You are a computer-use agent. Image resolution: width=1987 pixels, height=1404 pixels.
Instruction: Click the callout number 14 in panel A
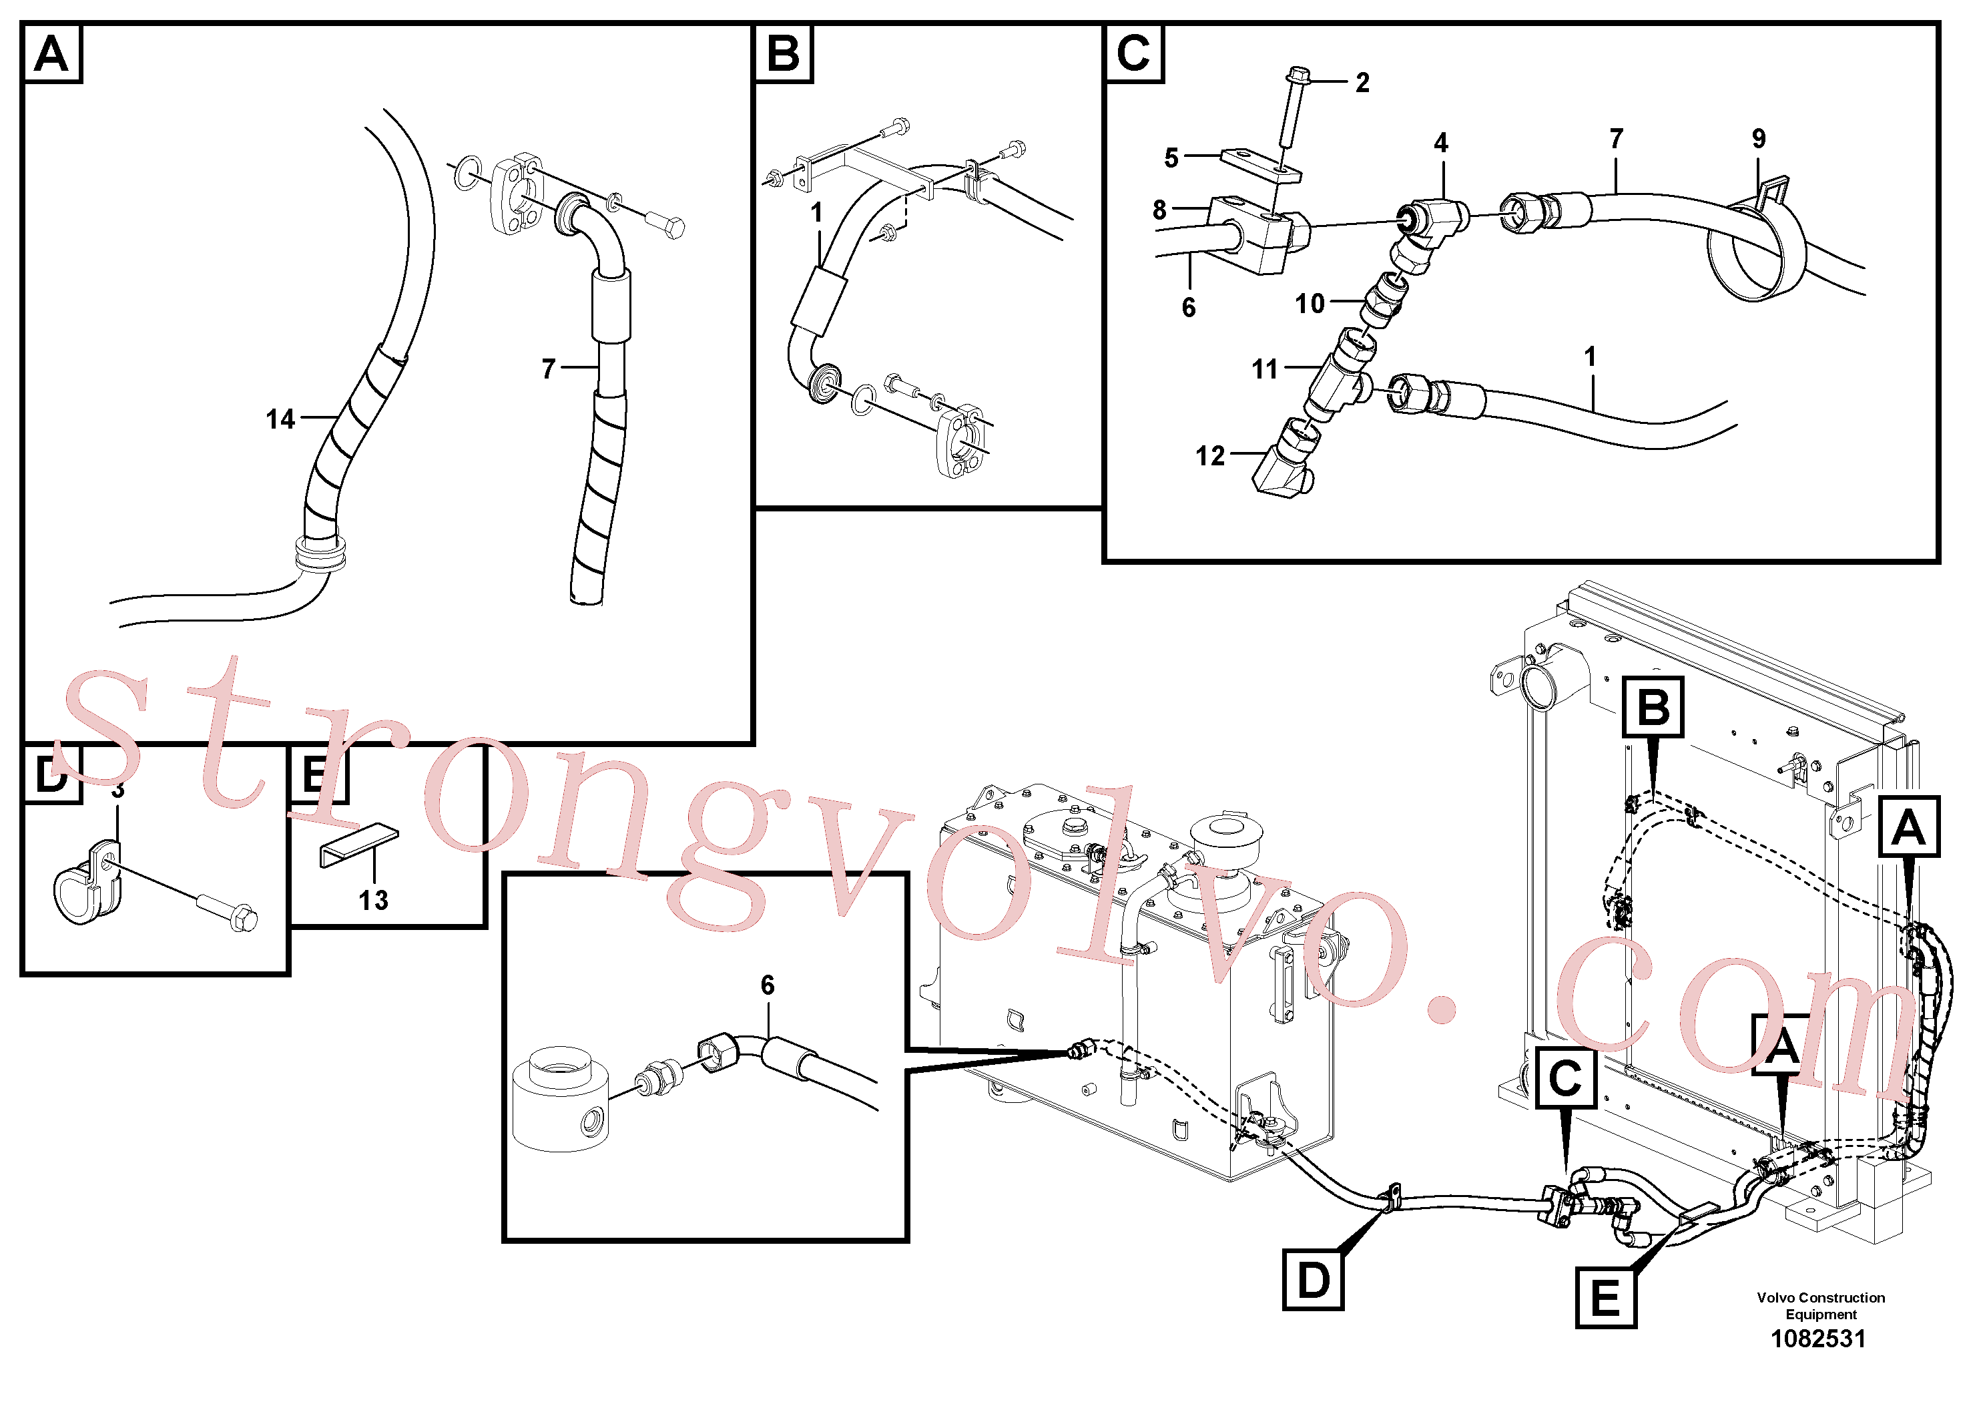click(280, 420)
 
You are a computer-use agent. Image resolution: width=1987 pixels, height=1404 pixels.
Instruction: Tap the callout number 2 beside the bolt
click(1362, 83)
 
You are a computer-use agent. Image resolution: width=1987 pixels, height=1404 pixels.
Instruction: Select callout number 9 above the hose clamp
click(1759, 138)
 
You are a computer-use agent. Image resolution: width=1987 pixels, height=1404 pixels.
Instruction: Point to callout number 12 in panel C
click(1210, 456)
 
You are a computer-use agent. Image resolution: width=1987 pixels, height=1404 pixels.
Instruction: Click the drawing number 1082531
click(1818, 1339)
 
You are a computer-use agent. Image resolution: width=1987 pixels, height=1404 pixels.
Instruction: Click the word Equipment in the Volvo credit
click(1821, 1314)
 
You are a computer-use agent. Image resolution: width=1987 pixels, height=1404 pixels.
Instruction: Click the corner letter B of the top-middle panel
click(783, 53)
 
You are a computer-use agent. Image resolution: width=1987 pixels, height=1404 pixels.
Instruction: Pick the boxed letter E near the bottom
click(1605, 1298)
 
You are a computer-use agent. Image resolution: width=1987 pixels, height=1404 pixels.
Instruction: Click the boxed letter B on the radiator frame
click(1653, 706)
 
